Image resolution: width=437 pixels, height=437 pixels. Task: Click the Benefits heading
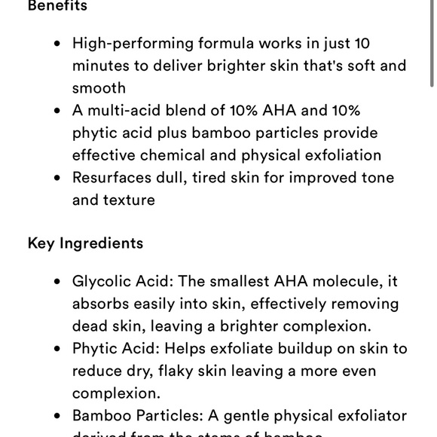point(57,6)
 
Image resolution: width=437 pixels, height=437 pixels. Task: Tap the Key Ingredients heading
point(85,243)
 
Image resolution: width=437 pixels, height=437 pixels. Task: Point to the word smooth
point(99,88)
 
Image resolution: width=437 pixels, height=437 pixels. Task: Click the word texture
point(130,200)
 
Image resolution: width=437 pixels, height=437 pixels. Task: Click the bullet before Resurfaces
point(57,179)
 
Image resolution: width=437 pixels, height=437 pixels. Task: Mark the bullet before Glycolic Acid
point(57,282)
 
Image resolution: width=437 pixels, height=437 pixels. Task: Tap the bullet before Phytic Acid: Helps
point(57,349)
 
